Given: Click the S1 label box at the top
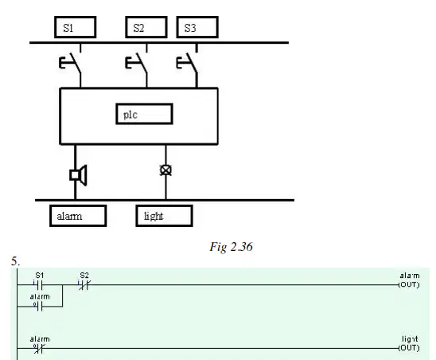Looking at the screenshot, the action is click(x=76, y=27).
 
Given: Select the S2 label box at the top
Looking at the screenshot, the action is click(x=146, y=27).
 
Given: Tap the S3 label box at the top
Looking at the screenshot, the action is click(x=197, y=27).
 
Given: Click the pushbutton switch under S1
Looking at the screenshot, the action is click(x=71, y=65).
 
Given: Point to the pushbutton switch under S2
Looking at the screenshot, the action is click(x=137, y=65).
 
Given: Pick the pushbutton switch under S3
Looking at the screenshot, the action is click(x=188, y=65).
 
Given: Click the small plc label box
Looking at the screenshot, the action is click(x=144, y=114).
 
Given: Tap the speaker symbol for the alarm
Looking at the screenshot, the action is click(x=78, y=175).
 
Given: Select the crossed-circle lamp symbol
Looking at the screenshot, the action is click(x=165, y=170).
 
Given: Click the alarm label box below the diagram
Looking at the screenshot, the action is click(x=78, y=216).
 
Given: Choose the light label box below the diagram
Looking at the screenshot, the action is click(x=165, y=216).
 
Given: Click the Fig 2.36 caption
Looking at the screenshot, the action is click(x=231, y=247).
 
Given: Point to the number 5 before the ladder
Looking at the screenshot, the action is click(x=15, y=261).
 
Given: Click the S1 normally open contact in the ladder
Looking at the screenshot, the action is click(x=39, y=284).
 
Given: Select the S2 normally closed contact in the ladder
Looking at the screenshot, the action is click(x=84, y=284).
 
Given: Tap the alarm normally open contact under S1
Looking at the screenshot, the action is click(x=39, y=307).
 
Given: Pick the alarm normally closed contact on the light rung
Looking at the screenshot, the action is click(x=39, y=348).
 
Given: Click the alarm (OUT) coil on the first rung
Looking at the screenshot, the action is click(x=409, y=280).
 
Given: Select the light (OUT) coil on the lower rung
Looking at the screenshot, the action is click(x=409, y=343).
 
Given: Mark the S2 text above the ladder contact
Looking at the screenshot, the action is click(x=84, y=276).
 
